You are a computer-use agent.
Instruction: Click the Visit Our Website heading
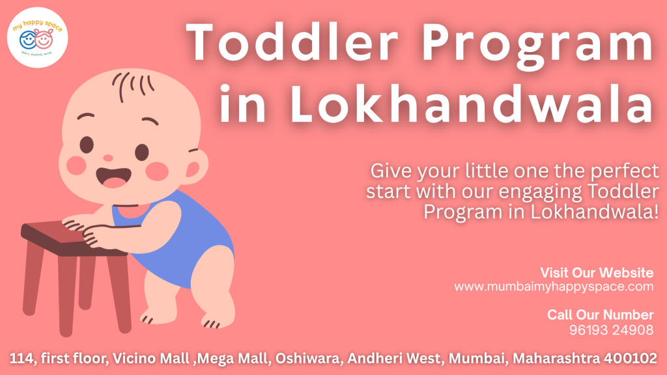pyautogui.click(x=597, y=272)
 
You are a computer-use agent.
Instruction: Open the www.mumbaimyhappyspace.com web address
pyautogui.click(x=553, y=286)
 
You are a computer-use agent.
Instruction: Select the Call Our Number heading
pyautogui.click(x=600, y=315)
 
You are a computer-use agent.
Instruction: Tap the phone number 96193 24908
pyautogui.click(x=611, y=330)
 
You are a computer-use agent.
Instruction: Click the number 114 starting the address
pyautogui.click(x=21, y=358)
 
